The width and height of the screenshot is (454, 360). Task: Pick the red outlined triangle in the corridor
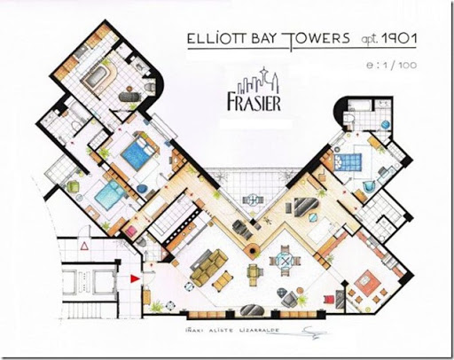(x=83, y=244)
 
